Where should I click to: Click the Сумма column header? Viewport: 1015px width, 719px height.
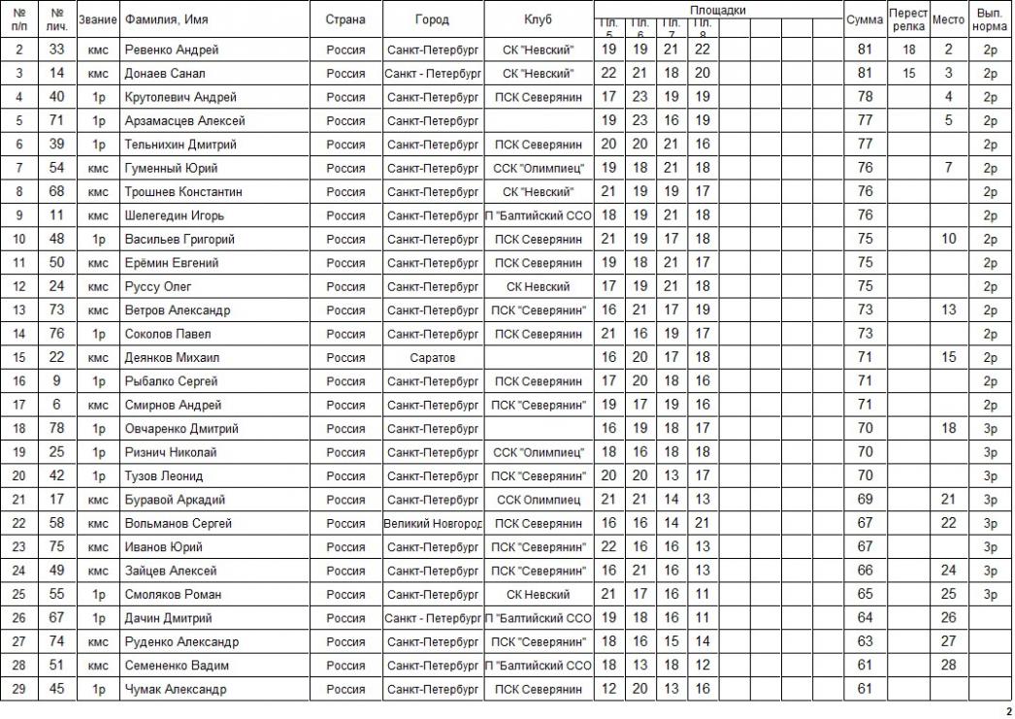coord(865,19)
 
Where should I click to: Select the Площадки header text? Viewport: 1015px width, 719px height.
coord(717,9)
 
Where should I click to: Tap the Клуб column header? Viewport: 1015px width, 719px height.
coord(538,19)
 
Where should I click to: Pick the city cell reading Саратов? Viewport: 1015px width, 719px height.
coord(433,357)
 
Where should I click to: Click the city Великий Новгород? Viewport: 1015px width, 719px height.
coord(433,523)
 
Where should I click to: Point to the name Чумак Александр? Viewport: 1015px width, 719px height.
coord(176,689)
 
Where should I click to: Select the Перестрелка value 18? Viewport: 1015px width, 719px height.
coord(908,49)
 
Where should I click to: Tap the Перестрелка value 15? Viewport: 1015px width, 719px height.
coord(908,73)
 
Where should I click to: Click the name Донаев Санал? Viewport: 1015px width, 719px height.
coord(165,73)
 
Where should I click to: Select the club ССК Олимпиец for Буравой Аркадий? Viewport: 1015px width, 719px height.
coord(538,500)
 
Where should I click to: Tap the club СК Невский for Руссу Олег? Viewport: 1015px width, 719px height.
coord(538,286)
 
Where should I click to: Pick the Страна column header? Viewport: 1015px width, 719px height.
coord(345,19)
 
